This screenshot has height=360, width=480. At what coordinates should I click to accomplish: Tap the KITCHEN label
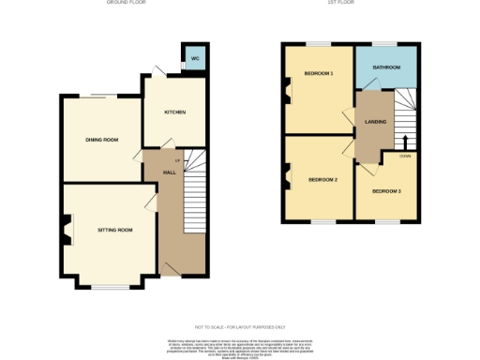(175, 112)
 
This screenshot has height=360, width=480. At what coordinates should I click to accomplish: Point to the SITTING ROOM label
(114, 230)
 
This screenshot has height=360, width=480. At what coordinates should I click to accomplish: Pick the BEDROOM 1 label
(319, 73)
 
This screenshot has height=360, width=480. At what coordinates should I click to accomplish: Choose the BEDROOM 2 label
(322, 178)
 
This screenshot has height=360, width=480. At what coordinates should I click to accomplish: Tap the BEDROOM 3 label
(386, 191)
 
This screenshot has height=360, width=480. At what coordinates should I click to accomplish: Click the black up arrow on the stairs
(405, 142)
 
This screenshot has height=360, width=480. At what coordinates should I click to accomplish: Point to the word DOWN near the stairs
(404, 156)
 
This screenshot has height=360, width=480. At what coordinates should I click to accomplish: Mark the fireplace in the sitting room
(66, 229)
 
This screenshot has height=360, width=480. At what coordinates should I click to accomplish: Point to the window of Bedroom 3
(386, 220)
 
